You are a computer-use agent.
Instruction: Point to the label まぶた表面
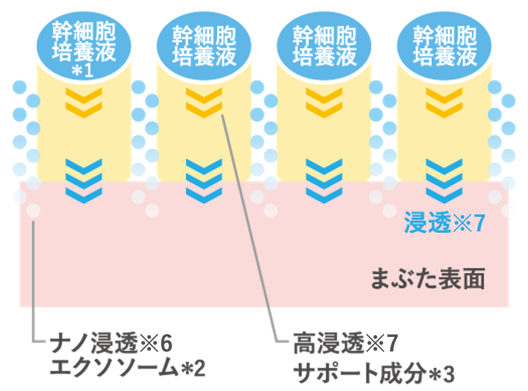428,280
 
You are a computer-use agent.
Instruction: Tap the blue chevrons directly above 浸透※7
444,180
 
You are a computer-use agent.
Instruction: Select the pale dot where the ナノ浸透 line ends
33,211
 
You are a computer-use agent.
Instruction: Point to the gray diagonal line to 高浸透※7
251,229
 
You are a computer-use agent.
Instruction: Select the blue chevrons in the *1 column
84,180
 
